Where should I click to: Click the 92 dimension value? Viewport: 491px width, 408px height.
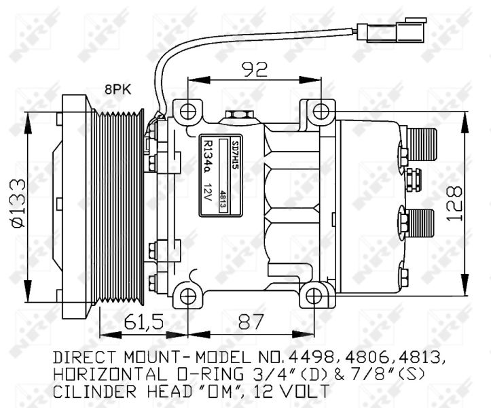click(255, 69)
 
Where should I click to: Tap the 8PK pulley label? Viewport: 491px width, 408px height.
click(117, 90)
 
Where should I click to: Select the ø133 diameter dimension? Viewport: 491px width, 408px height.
click(18, 203)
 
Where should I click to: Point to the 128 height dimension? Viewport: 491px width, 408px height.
click(454, 204)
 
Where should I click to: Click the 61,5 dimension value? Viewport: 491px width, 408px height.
click(144, 322)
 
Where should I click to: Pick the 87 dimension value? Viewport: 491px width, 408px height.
click(251, 322)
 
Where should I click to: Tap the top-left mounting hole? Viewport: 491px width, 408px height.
click(188, 112)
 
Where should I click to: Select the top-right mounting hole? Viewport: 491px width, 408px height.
click(321, 112)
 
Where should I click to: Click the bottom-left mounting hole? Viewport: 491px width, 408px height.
click(188, 296)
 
